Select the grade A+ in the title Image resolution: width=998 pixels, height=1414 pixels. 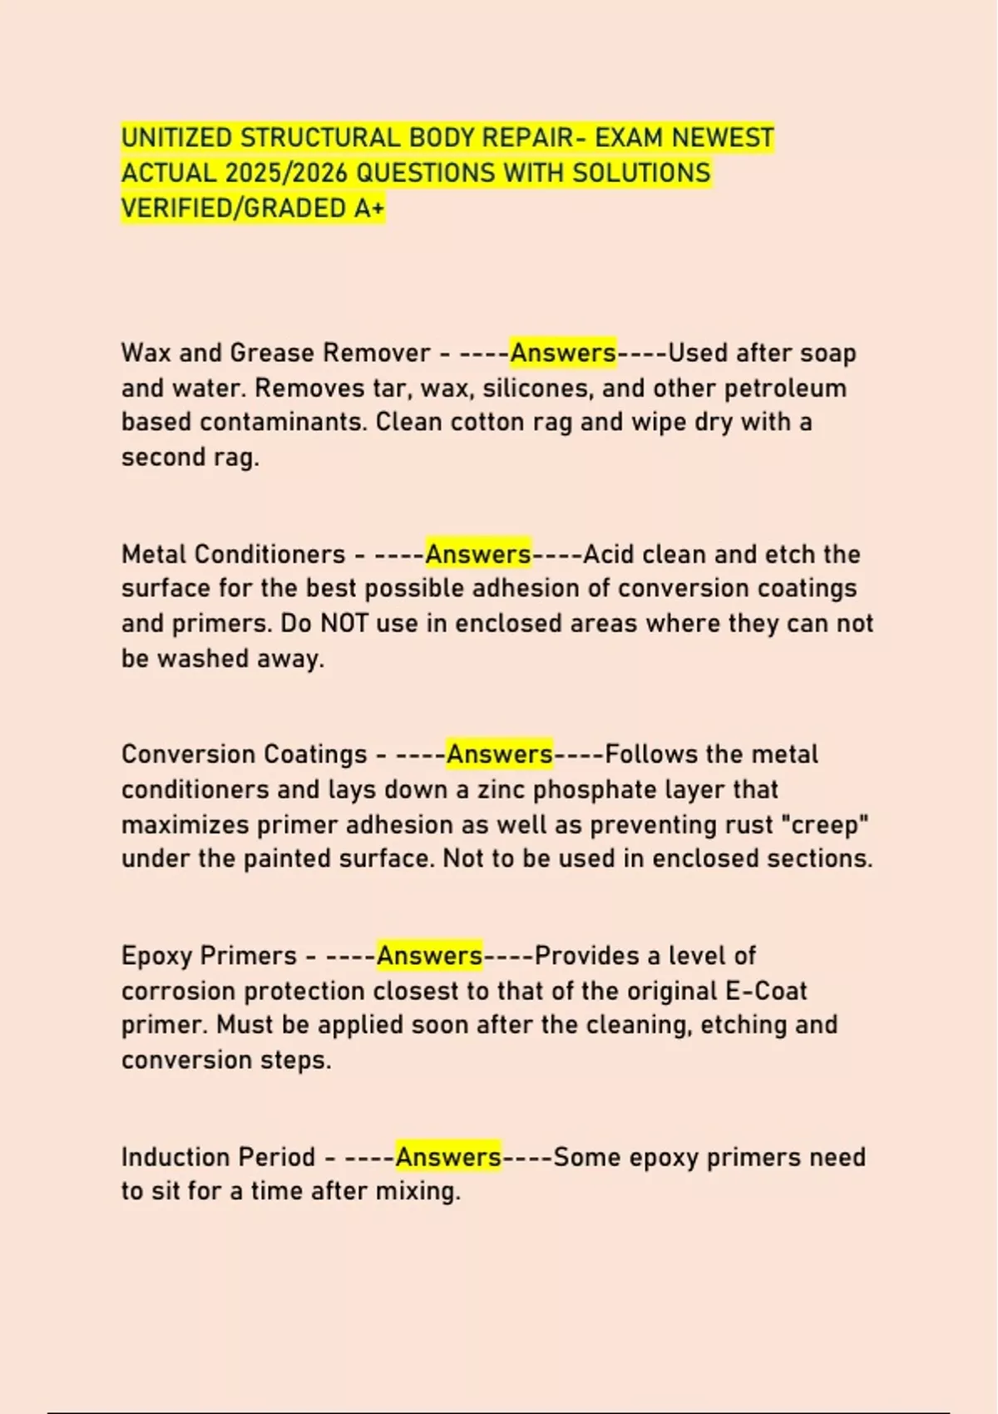click(x=369, y=208)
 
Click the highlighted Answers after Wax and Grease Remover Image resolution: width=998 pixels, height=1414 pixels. click(x=563, y=353)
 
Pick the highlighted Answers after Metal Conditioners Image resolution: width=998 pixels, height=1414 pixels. click(x=478, y=554)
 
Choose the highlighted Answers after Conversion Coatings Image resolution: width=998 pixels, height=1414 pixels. click(x=500, y=754)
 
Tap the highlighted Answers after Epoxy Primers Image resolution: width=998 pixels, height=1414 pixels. click(x=429, y=956)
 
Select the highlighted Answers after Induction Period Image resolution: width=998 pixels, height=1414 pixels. click(x=448, y=1157)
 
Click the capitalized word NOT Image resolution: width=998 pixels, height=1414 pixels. click(x=343, y=624)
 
